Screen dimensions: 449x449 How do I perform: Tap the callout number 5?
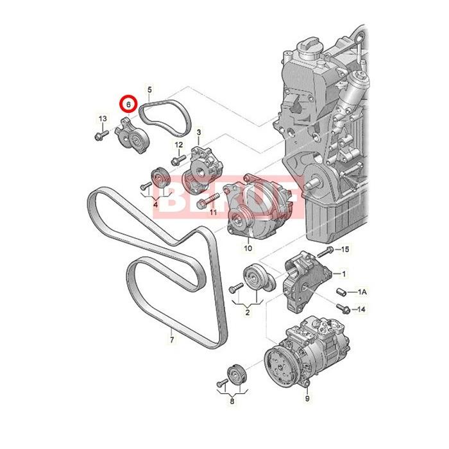pyautogui.click(x=149, y=89)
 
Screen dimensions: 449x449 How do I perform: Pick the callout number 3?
pyautogui.click(x=199, y=133)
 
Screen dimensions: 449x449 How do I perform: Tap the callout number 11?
pyautogui.click(x=214, y=212)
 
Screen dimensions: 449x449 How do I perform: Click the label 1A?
pyautogui.click(x=362, y=292)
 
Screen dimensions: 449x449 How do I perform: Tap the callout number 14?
pyautogui.click(x=362, y=309)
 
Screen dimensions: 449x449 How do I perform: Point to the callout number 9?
pyautogui.click(x=307, y=399)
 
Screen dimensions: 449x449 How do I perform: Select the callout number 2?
pyautogui.click(x=247, y=312)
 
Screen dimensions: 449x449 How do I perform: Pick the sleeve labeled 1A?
pyautogui.click(x=342, y=292)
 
